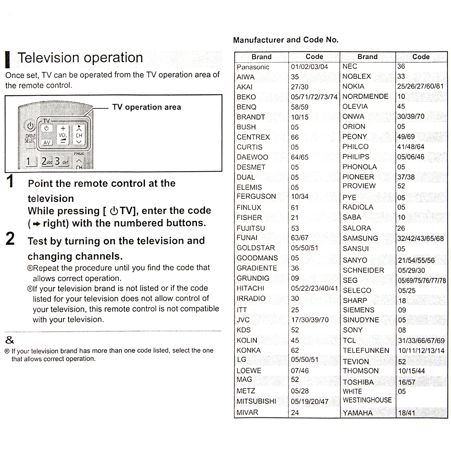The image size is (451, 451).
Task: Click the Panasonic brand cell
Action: (253, 67)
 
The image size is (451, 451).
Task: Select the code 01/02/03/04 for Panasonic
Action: (309, 67)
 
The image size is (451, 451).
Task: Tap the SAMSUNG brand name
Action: (360, 238)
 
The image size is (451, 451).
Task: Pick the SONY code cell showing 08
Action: (402, 330)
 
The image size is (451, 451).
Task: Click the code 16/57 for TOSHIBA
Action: (407, 382)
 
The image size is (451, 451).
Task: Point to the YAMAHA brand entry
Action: (358, 413)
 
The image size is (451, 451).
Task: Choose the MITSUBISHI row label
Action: (256, 401)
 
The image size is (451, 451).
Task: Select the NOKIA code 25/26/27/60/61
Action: (420, 86)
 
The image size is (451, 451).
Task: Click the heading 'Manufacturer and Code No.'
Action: (286, 40)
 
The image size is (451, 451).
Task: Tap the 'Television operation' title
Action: (80, 58)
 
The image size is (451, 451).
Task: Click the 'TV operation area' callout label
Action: (147, 107)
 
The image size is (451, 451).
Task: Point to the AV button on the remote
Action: (47, 143)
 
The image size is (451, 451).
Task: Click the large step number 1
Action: (10, 181)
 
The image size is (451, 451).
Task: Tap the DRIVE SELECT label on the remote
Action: (30, 138)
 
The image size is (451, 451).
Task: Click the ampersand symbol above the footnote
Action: (10, 340)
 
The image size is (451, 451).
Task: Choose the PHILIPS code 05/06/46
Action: (411, 157)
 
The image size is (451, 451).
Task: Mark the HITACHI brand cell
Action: (250, 288)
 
